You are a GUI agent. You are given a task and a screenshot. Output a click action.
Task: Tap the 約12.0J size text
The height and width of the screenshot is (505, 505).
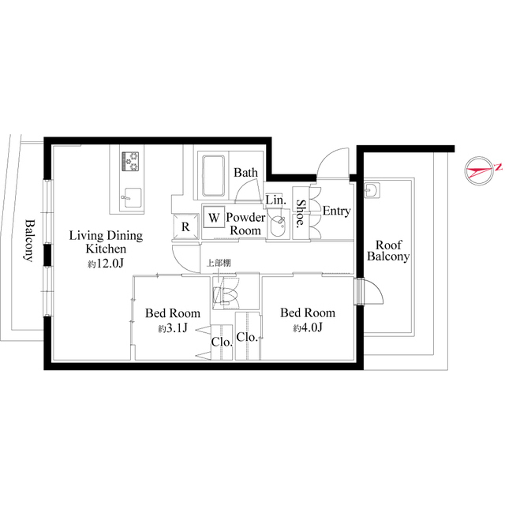(x=105, y=263)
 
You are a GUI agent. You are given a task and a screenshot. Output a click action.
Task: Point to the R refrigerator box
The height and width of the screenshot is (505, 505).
(x=185, y=227)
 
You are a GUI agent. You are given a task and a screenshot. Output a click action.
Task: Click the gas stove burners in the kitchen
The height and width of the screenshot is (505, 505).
(x=131, y=162)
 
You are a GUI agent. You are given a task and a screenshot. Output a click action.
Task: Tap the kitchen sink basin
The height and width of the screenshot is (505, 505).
(x=131, y=196)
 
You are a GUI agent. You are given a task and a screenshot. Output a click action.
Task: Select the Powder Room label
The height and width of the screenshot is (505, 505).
(x=244, y=223)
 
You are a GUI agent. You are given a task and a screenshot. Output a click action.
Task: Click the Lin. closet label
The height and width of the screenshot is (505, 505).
(x=275, y=200)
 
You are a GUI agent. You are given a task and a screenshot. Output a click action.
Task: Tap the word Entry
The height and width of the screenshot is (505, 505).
(x=337, y=211)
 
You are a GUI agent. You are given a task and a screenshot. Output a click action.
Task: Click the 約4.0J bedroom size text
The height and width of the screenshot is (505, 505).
(x=308, y=327)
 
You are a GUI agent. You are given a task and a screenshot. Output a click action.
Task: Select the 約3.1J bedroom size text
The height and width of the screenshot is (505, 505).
(x=172, y=328)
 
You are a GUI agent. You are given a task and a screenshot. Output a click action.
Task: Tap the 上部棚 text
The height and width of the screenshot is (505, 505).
(x=219, y=264)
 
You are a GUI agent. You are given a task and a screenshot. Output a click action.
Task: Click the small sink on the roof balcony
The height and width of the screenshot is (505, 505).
(x=372, y=189)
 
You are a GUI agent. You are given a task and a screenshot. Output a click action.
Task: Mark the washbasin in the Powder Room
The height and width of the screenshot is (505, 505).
(x=278, y=227)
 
